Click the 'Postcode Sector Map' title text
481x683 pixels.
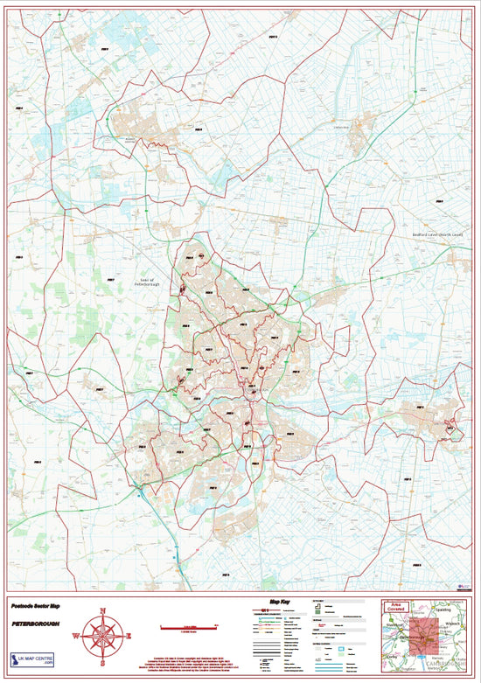click(36, 605)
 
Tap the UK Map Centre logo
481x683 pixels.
click(31, 660)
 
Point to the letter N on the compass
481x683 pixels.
click(103, 610)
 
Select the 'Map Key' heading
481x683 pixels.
click(281, 603)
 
